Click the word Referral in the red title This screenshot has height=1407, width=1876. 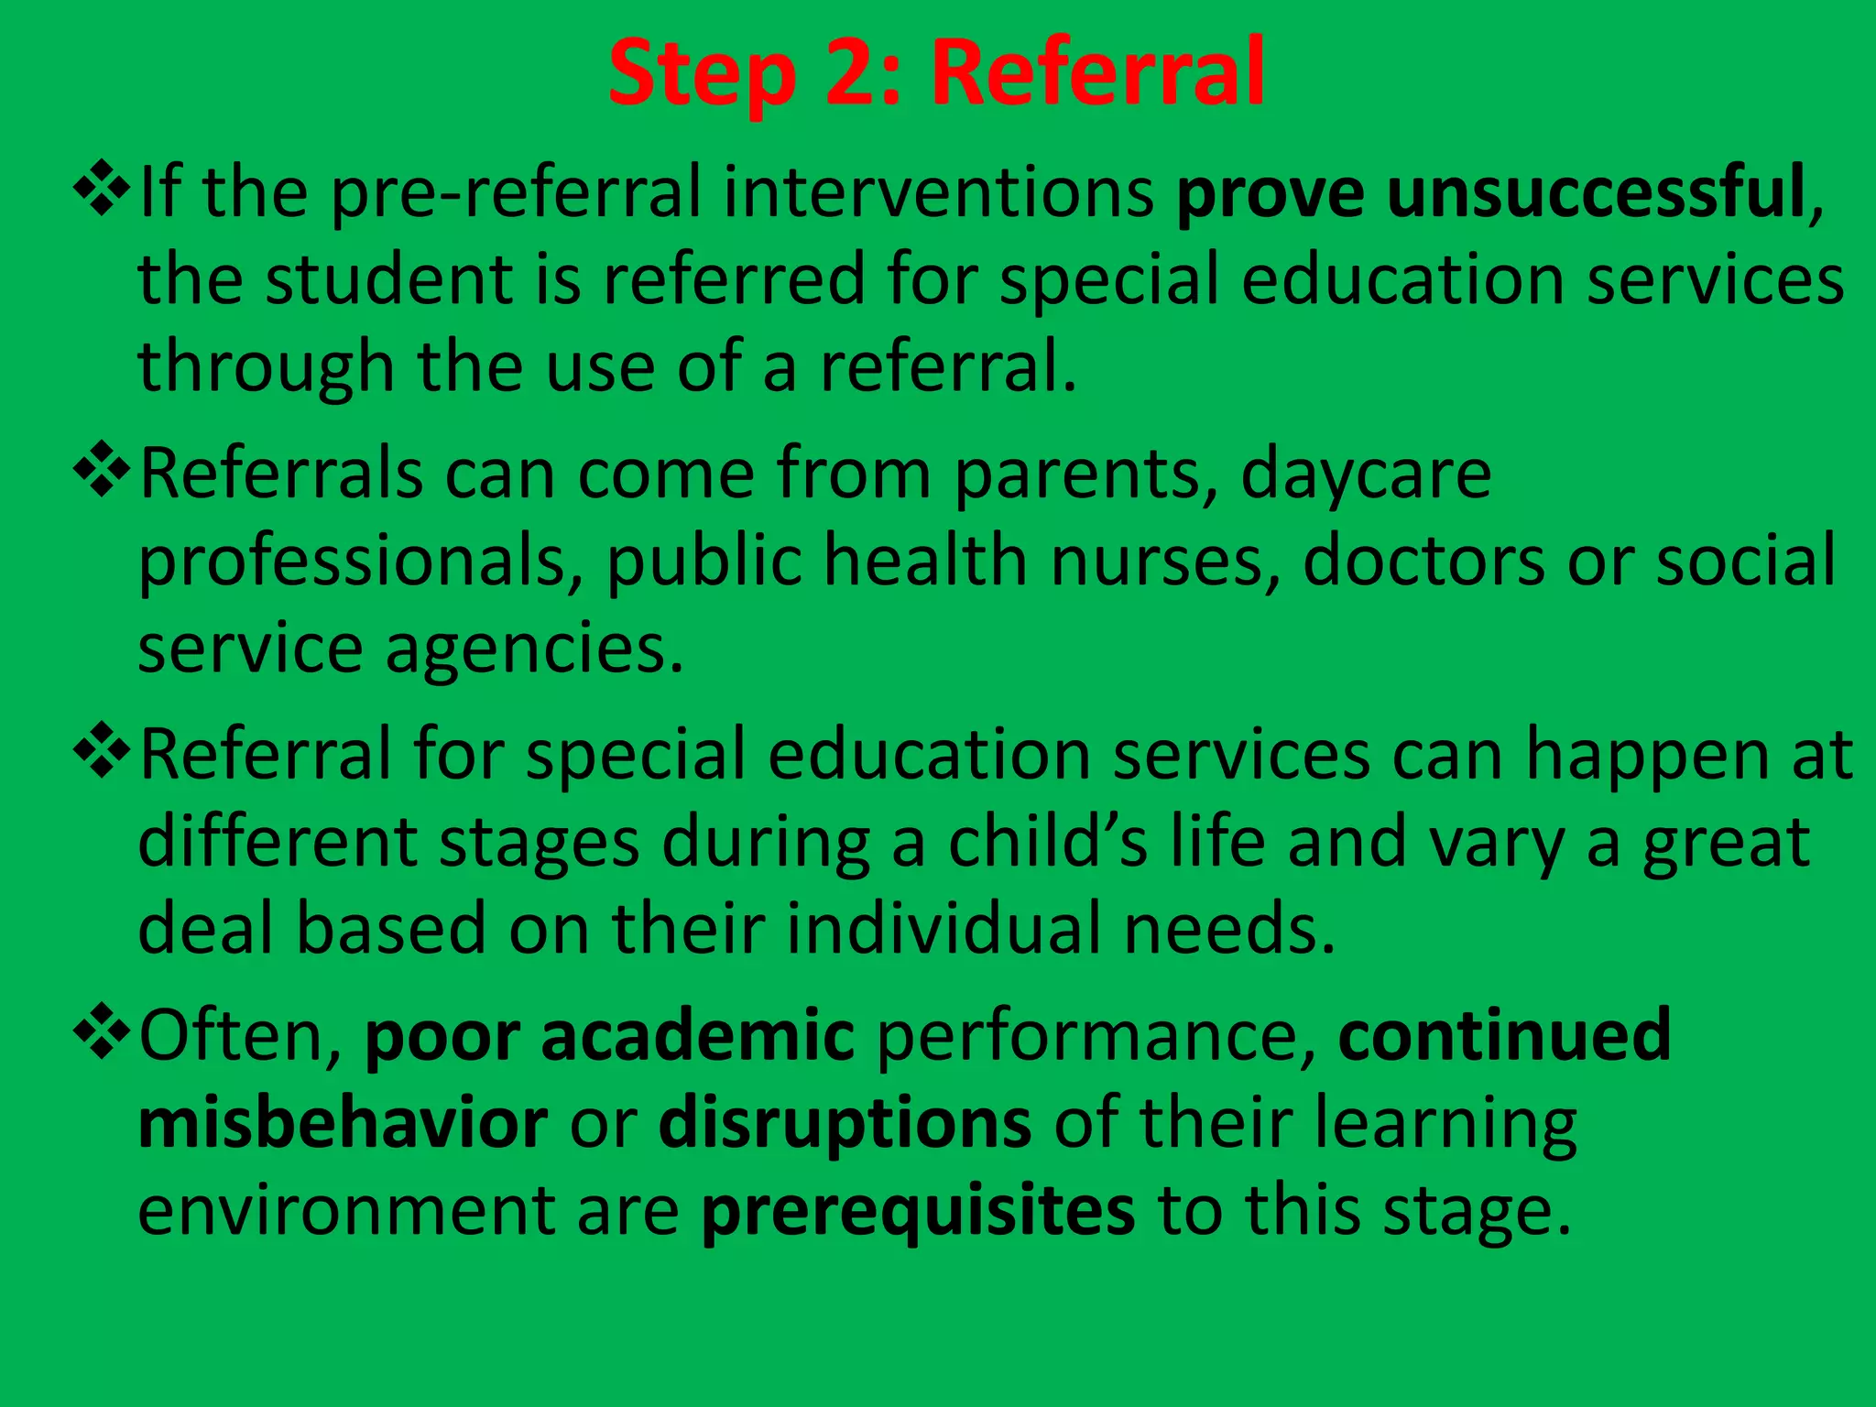tap(1098, 73)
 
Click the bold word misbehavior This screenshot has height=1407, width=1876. tap(343, 1123)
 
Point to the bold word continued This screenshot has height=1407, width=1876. tap(1504, 1035)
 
